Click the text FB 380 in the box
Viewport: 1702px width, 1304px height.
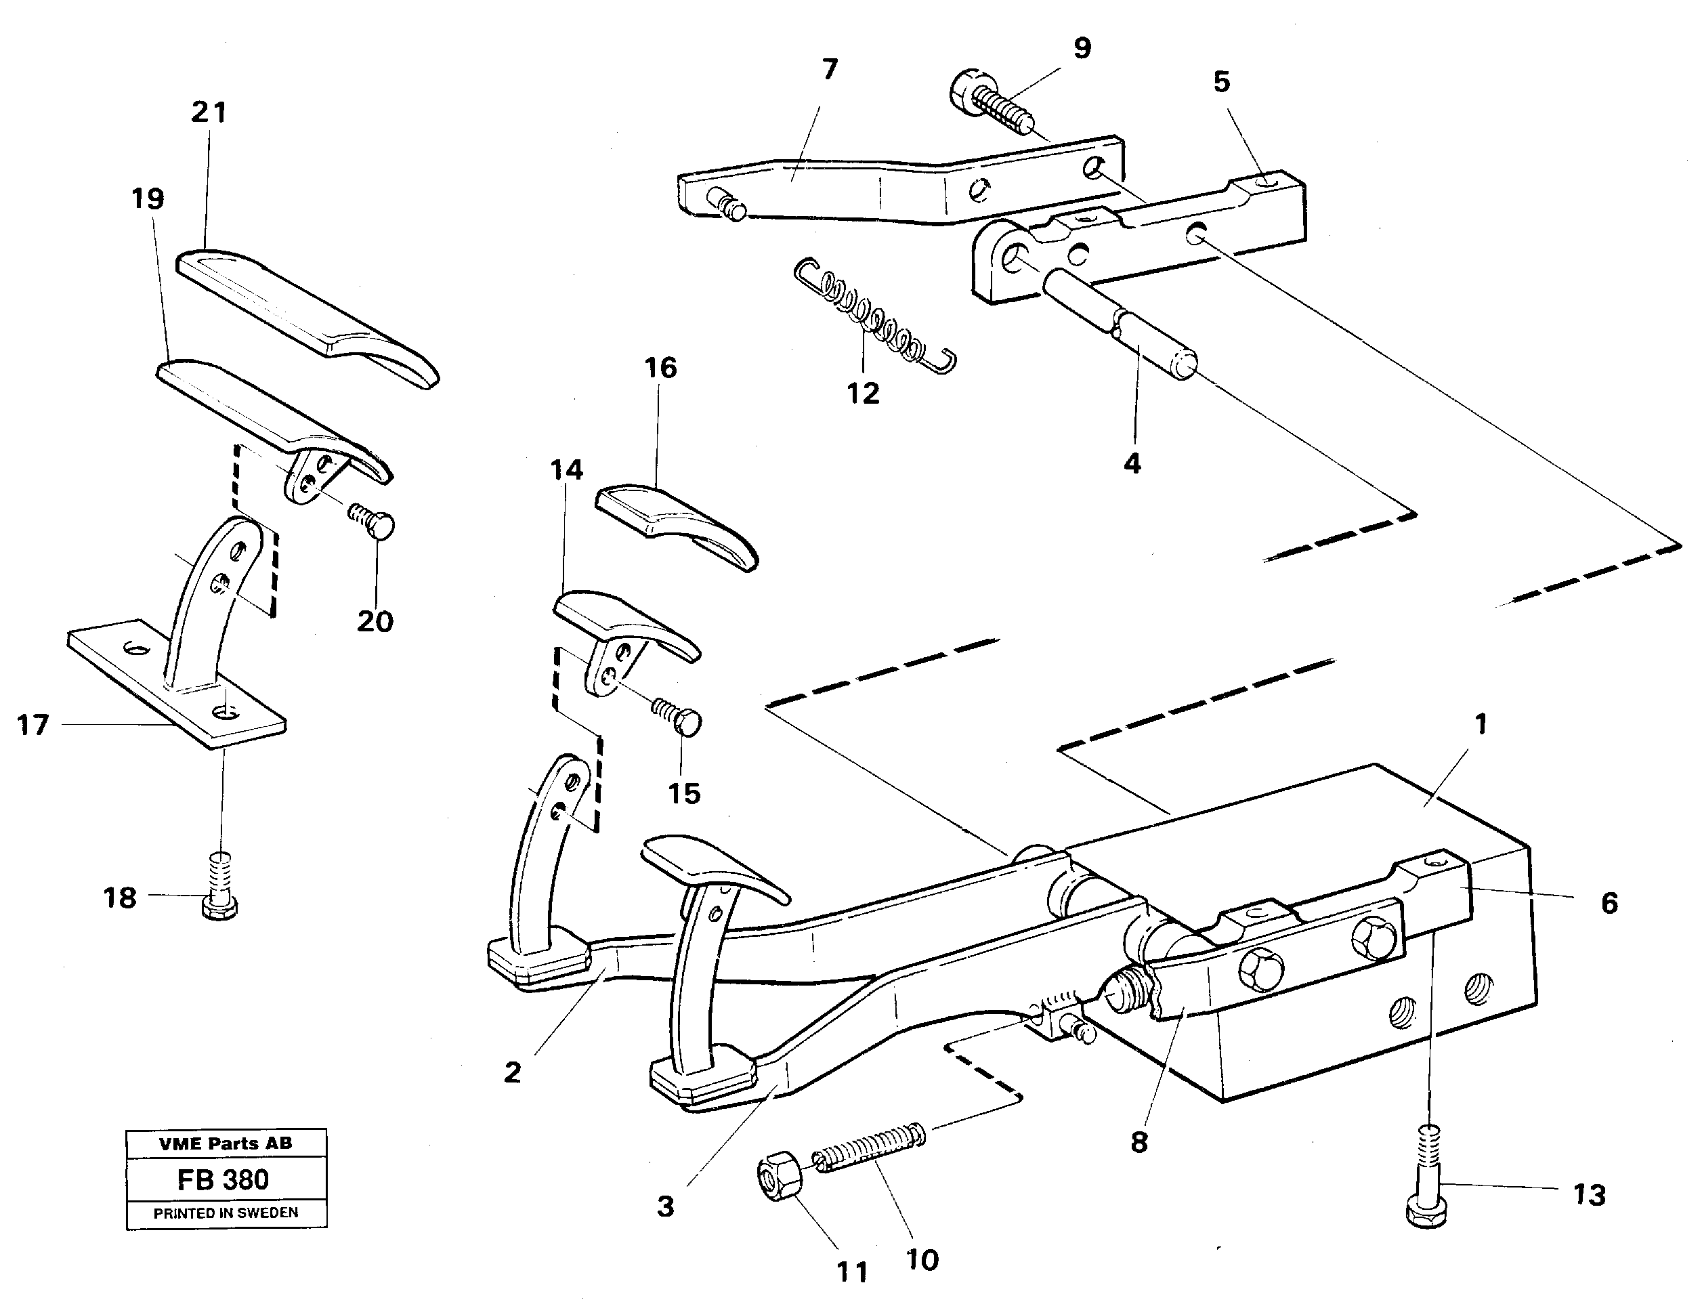pyautogui.click(x=223, y=1180)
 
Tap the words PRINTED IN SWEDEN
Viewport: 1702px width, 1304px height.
pyautogui.click(x=226, y=1213)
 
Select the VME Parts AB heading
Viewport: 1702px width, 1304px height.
pyautogui.click(x=226, y=1143)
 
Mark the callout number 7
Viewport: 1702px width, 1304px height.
pyautogui.click(x=830, y=70)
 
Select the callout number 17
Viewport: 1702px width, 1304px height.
pyautogui.click(x=33, y=725)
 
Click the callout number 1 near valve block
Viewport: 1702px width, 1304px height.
pyautogui.click(x=1480, y=724)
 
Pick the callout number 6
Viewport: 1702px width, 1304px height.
pyautogui.click(x=1609, y=903)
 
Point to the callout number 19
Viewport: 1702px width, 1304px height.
pyautogui.click(x=148, y=198)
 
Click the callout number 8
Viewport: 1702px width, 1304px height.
pyautogui.click(x=1139, y=1142)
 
